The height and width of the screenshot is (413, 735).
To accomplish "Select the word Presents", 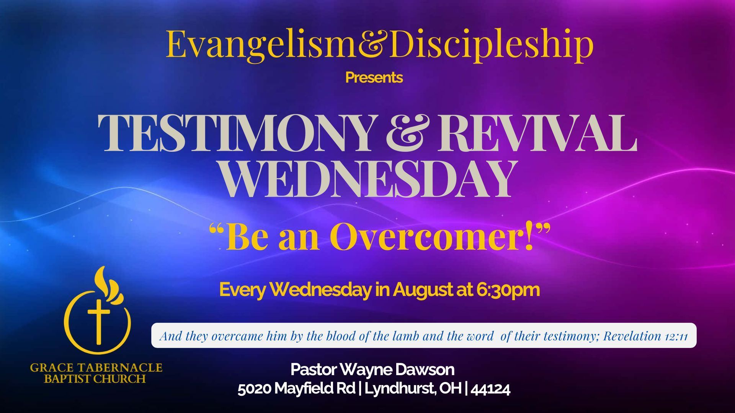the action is coord(374,78).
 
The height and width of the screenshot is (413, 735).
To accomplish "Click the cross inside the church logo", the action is coord(98,322).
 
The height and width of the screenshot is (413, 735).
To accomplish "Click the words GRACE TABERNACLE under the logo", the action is coord(96,368).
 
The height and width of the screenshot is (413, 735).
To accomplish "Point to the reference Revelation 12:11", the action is coord(646,336).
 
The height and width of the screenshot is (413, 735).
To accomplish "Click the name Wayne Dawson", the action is coord(397,370).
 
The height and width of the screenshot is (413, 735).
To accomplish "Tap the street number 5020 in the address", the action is coord(255,389).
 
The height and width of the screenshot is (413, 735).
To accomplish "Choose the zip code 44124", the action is coord(490,389).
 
